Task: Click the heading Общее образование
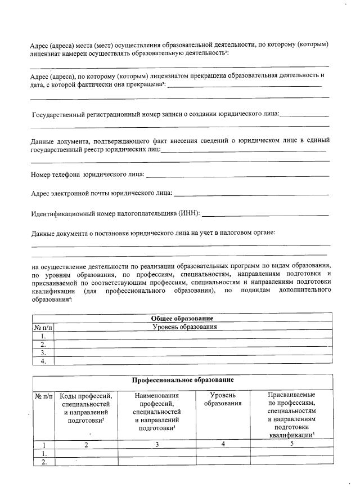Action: point(181,318)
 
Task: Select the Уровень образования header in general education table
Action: point(184,327)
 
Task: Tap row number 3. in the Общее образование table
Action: point(43,352)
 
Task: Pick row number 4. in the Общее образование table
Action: point(43,361)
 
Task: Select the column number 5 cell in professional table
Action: point(291,444)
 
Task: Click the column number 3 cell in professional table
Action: point(157,444)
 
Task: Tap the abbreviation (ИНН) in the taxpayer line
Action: point(189,214)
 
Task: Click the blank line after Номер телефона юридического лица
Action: point(237,176)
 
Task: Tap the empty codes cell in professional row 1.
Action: point(86,453)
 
